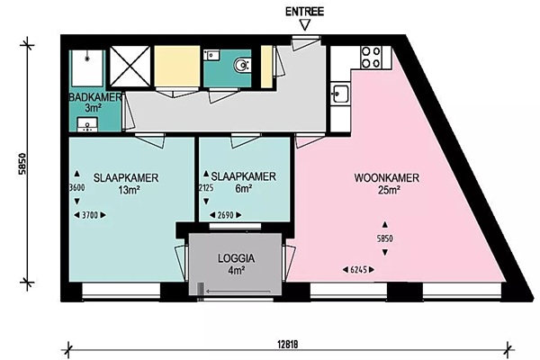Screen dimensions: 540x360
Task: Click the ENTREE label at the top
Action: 304,12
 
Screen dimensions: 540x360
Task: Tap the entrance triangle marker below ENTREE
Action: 305,25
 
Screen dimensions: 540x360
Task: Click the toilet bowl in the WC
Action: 242,65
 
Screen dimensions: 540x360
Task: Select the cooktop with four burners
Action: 371,57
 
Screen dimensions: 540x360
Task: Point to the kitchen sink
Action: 340,94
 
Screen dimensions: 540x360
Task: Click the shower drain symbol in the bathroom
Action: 86,58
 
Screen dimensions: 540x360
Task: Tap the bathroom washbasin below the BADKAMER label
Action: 87,125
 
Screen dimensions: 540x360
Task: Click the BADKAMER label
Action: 95,97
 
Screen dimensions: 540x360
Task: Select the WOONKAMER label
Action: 387,178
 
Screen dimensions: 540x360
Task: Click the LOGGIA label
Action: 236,258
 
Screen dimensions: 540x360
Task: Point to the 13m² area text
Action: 129,190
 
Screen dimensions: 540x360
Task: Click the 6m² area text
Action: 243,189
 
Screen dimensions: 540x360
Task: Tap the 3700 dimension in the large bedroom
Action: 90,215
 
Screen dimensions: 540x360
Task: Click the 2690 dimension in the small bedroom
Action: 226,215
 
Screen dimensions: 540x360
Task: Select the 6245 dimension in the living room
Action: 358,270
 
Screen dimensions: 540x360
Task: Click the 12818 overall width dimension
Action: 287,345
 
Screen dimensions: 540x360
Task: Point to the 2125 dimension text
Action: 206,188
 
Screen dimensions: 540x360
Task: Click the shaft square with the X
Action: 130,66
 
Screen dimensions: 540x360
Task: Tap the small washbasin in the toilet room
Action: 211,55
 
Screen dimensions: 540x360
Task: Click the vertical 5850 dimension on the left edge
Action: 22,164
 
